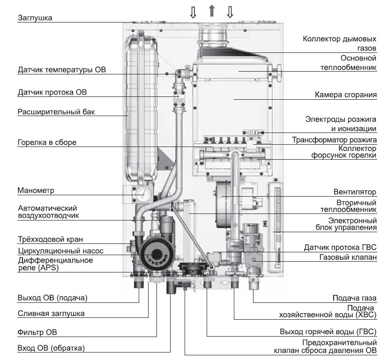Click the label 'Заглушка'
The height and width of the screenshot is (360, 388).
pos(35,18)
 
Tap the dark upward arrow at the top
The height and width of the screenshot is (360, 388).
pos(211,11)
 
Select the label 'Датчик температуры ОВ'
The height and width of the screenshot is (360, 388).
pos(62,70)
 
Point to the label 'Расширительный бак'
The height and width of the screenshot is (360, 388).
pos(56,112)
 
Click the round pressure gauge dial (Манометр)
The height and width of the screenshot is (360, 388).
pos(143,193)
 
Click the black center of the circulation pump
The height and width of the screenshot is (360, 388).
pos(157,255)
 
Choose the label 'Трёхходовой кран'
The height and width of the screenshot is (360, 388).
pos(51,239)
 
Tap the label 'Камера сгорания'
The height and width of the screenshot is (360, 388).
pos(346,95)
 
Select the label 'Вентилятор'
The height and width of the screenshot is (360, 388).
pos(355,192)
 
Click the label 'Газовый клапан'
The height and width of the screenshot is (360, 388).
pos(348,257)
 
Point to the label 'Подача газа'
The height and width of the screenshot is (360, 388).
pos(354,298)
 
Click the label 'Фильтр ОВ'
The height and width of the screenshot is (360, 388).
pos(37,332)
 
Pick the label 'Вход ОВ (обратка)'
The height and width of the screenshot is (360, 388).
pos(51,348)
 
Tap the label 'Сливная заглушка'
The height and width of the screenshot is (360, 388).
pos(51,314)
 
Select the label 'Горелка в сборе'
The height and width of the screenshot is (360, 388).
pos(47,142)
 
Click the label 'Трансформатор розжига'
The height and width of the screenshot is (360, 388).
pos(334,140)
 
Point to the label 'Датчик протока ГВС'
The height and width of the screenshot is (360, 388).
pos(340,247)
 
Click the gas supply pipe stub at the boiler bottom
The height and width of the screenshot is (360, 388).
pos(253,284)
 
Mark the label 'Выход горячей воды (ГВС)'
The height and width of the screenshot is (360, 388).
pos(328,331)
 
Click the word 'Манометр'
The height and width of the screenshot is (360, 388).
pos(36,191)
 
